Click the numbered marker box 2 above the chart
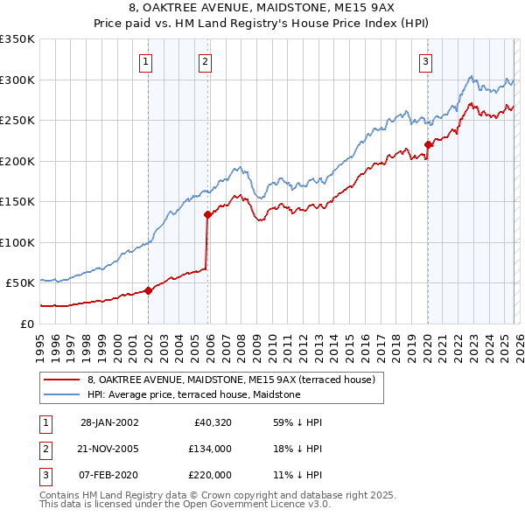pos(204,61)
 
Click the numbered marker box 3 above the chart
pos(424,61)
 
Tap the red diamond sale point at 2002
pos(148,291)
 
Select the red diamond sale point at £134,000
pos(207,214)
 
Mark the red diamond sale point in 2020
pos(427,145)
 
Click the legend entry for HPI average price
pos(193,394)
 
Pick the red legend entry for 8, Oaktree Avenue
pos(231,380)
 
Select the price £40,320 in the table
pos(210,422)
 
